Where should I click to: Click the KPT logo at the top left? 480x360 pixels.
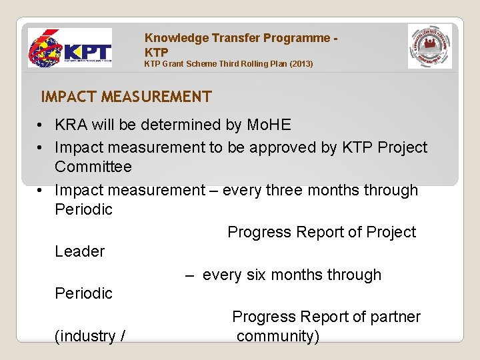point(70,49)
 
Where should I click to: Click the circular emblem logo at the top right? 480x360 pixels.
point(430,46)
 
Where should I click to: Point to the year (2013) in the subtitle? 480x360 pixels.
point(300,64)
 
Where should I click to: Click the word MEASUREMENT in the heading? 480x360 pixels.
point(156,97)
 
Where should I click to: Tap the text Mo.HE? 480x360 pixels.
point(269,125)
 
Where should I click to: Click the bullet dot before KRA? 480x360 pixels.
point(41,125)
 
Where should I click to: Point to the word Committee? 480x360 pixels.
point(93,167)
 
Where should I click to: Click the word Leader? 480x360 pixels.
point(79,251)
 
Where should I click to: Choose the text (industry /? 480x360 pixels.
point(89,336)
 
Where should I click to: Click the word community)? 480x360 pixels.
point(277,336)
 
